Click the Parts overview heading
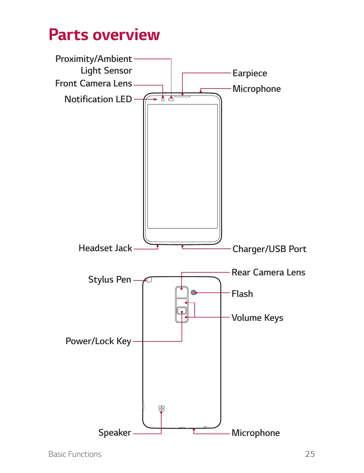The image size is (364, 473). click(104, 35)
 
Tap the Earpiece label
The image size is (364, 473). click(250, 73)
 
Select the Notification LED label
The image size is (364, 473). click(98, 99)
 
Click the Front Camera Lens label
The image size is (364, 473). click(93, 83)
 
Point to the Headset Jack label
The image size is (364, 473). click(105, 248)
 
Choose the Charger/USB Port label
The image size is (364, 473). click(269, 249)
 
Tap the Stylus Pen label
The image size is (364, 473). click(110, 280)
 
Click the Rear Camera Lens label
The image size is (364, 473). click(268, 272)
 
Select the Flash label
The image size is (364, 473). click(242, 294)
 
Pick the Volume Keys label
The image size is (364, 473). click(257, 318)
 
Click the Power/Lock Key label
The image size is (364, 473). click(98, 341)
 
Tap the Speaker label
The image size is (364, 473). click(115, 433)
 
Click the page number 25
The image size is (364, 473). click(310, 454)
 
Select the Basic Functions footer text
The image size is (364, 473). click(75, 454)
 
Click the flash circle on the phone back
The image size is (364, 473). click(193, 292)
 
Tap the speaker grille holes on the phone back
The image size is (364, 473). click(162, 408)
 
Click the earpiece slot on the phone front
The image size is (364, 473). click(182, 96)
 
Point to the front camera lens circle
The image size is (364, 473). click(163, 99)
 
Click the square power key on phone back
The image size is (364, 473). click(182, 311)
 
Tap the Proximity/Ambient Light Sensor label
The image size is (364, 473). click(93, 65)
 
